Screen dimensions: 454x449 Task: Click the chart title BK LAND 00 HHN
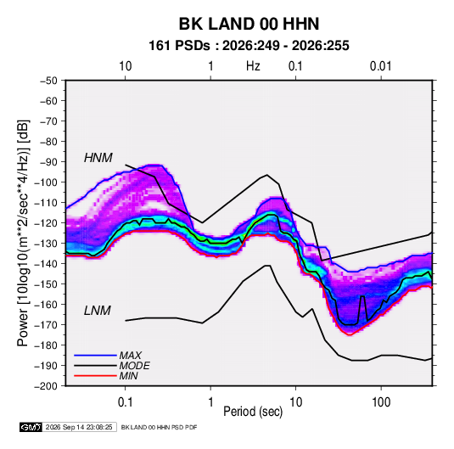click(x=249, y=24)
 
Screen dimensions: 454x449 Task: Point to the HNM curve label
click(x=98, y=158)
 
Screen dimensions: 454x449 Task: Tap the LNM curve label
click(x=98, y=311)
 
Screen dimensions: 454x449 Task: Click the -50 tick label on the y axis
click(x=49, y=81)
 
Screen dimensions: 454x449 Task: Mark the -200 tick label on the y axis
click(x=47, y=386)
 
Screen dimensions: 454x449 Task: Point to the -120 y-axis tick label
click(x=47, y=223)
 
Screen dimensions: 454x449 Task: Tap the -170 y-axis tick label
click(x=47, y=325)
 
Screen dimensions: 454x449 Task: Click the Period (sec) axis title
click(x=253, y=412)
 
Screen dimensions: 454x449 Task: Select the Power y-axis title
click(x=23, y=233)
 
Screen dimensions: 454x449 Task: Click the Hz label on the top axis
click(x=253, y=66)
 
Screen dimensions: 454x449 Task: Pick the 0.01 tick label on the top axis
click(x=380, y=66)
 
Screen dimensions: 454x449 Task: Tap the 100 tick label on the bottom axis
click(x=381, y=402)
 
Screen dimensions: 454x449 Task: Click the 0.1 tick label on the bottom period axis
click(x=125, y=402)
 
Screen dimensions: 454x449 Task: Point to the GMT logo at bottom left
click(x=31, y=427)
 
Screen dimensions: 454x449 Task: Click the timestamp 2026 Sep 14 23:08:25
click(x=79, y=427)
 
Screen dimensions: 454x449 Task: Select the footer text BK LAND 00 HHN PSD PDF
click(x=159, y=427)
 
